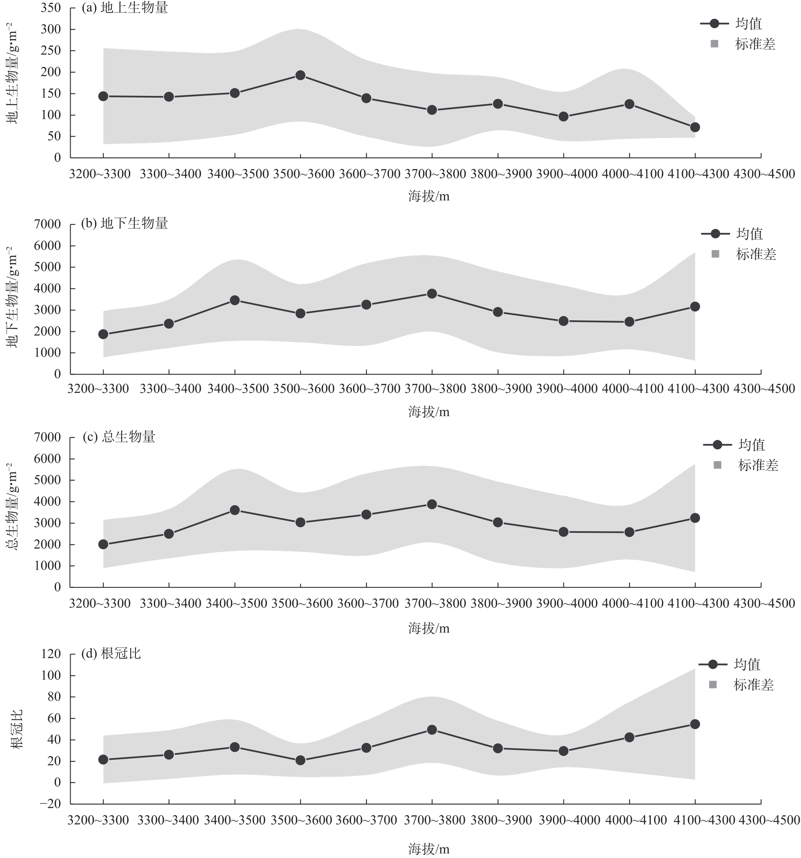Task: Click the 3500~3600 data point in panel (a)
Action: coord(300,75)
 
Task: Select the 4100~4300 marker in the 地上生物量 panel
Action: coord(695,127)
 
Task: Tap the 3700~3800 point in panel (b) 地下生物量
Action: coord(432,294)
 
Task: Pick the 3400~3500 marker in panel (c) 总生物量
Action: coord(235,510)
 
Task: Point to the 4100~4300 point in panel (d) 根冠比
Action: coord(695,724)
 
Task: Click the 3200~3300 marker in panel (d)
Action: coord(103,760)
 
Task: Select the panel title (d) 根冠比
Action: coord(111,654)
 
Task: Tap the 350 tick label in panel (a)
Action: coord(51,8)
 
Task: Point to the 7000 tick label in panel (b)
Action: coord(47,224)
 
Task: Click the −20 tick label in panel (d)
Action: coord(50,804)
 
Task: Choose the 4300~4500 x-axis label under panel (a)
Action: coord(764,174)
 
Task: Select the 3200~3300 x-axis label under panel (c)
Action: coord(100,603)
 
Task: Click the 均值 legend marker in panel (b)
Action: coord(715,234)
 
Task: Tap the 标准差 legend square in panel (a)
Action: coord(714,44)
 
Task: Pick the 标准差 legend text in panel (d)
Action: coord(754,685)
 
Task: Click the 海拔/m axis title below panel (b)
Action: coord(428,412)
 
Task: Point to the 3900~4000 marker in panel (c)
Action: coord(564,532)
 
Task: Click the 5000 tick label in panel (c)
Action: coord(47,480)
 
